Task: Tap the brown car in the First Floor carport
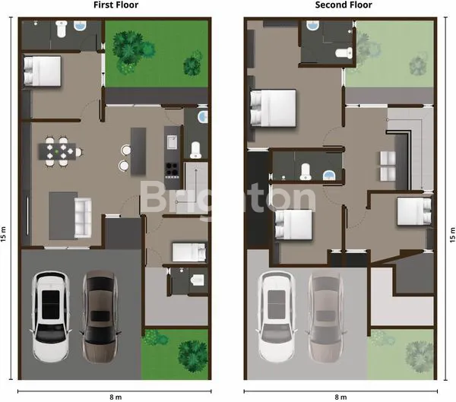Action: pyautogui.click(x=98, y=305)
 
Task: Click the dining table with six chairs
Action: pyautogui.click(x=60, y=150)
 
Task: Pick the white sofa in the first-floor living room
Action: pyautogui.click(x=82, y=214)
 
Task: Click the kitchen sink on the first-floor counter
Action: pyautogui.click(x=172, y=143)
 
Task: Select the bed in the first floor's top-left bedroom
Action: pyautogui.click(x=43, y=71)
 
